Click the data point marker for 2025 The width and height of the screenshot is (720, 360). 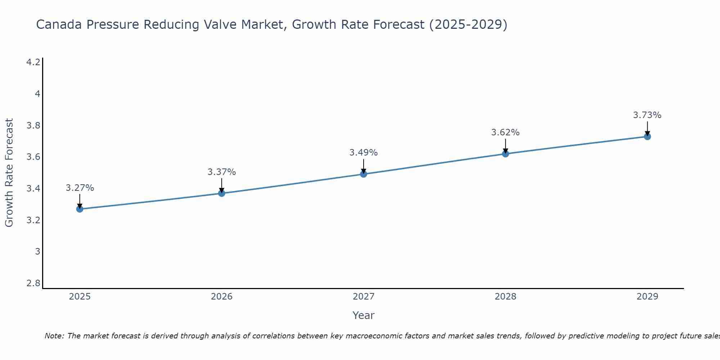(80, 209)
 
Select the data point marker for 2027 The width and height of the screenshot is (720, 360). (364, 174)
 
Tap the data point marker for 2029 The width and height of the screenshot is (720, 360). (647, 136)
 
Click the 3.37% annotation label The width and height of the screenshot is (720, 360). (221, 172)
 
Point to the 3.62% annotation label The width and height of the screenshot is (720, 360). (505, 132)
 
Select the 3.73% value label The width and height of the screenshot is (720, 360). (647, 115)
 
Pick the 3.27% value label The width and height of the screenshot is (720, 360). (80, 188)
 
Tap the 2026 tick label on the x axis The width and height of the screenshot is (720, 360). (221, 297)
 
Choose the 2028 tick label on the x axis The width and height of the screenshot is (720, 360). (505, 297)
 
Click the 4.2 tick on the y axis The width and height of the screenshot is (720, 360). (33, 62)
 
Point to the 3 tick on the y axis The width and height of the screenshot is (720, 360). (37, 251)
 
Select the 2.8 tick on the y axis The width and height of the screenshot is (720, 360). (33, 283)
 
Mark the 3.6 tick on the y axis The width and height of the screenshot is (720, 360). (33, 157)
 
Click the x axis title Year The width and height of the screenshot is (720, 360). (364, 315)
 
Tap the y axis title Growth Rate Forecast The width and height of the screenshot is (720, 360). (9, 173)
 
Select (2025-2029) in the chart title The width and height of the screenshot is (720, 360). (468, 25)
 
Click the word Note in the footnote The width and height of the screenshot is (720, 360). (54, 336)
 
